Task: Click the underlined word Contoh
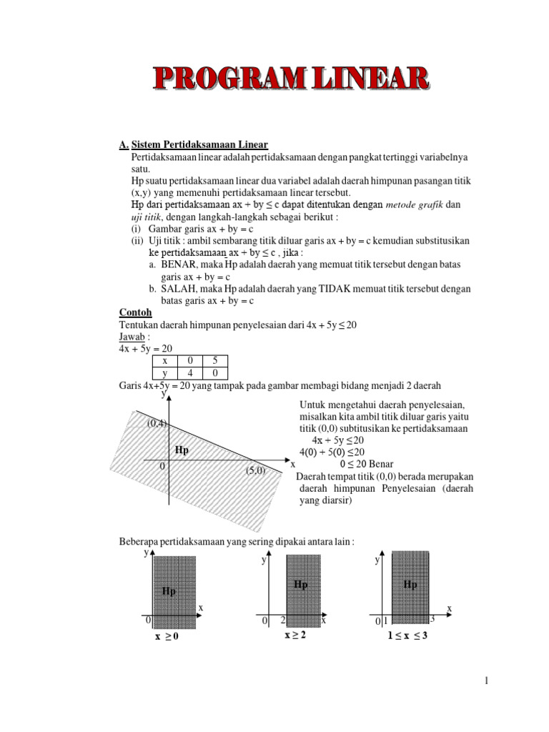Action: coord(135,312)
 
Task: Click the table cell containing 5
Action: coord(214,361)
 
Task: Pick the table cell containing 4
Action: coord(189,373)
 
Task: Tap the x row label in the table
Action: coord(164,361)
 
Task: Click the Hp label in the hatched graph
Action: coord(182,450)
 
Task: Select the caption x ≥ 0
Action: coord(167,637)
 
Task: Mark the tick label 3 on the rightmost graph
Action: coord(432,619)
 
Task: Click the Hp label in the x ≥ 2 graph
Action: coord(301,585)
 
